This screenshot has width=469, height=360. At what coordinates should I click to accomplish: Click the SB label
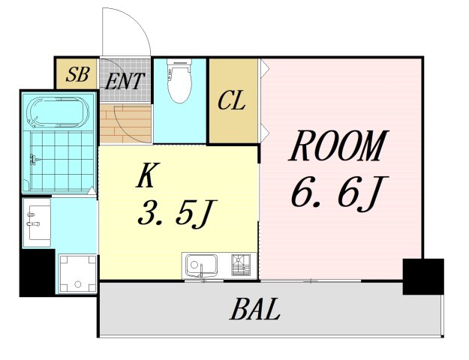coord(77,74)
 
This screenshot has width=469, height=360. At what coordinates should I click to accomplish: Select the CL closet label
coord(232,100)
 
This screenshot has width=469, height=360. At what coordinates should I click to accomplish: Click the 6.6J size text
coord(340,192)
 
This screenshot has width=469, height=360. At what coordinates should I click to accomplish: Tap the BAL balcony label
coord(255,309)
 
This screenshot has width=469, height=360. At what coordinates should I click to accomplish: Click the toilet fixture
coord(179,81)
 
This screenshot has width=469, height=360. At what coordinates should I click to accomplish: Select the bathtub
coord(58,112)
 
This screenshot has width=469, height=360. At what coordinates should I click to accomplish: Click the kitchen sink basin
coord(201,265)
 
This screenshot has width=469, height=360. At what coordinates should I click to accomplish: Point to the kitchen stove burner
coord(241,265)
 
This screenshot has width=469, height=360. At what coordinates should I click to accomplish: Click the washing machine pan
coord(78,273)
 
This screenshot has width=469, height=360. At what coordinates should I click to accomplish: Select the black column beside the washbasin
coord(38,273)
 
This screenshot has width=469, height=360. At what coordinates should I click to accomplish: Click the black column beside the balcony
coord(423,277)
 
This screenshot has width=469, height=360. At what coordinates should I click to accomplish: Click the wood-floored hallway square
coord(125,123)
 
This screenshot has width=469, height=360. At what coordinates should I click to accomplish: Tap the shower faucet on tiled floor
coord(34,160)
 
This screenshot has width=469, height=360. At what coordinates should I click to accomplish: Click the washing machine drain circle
coord(78,284)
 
